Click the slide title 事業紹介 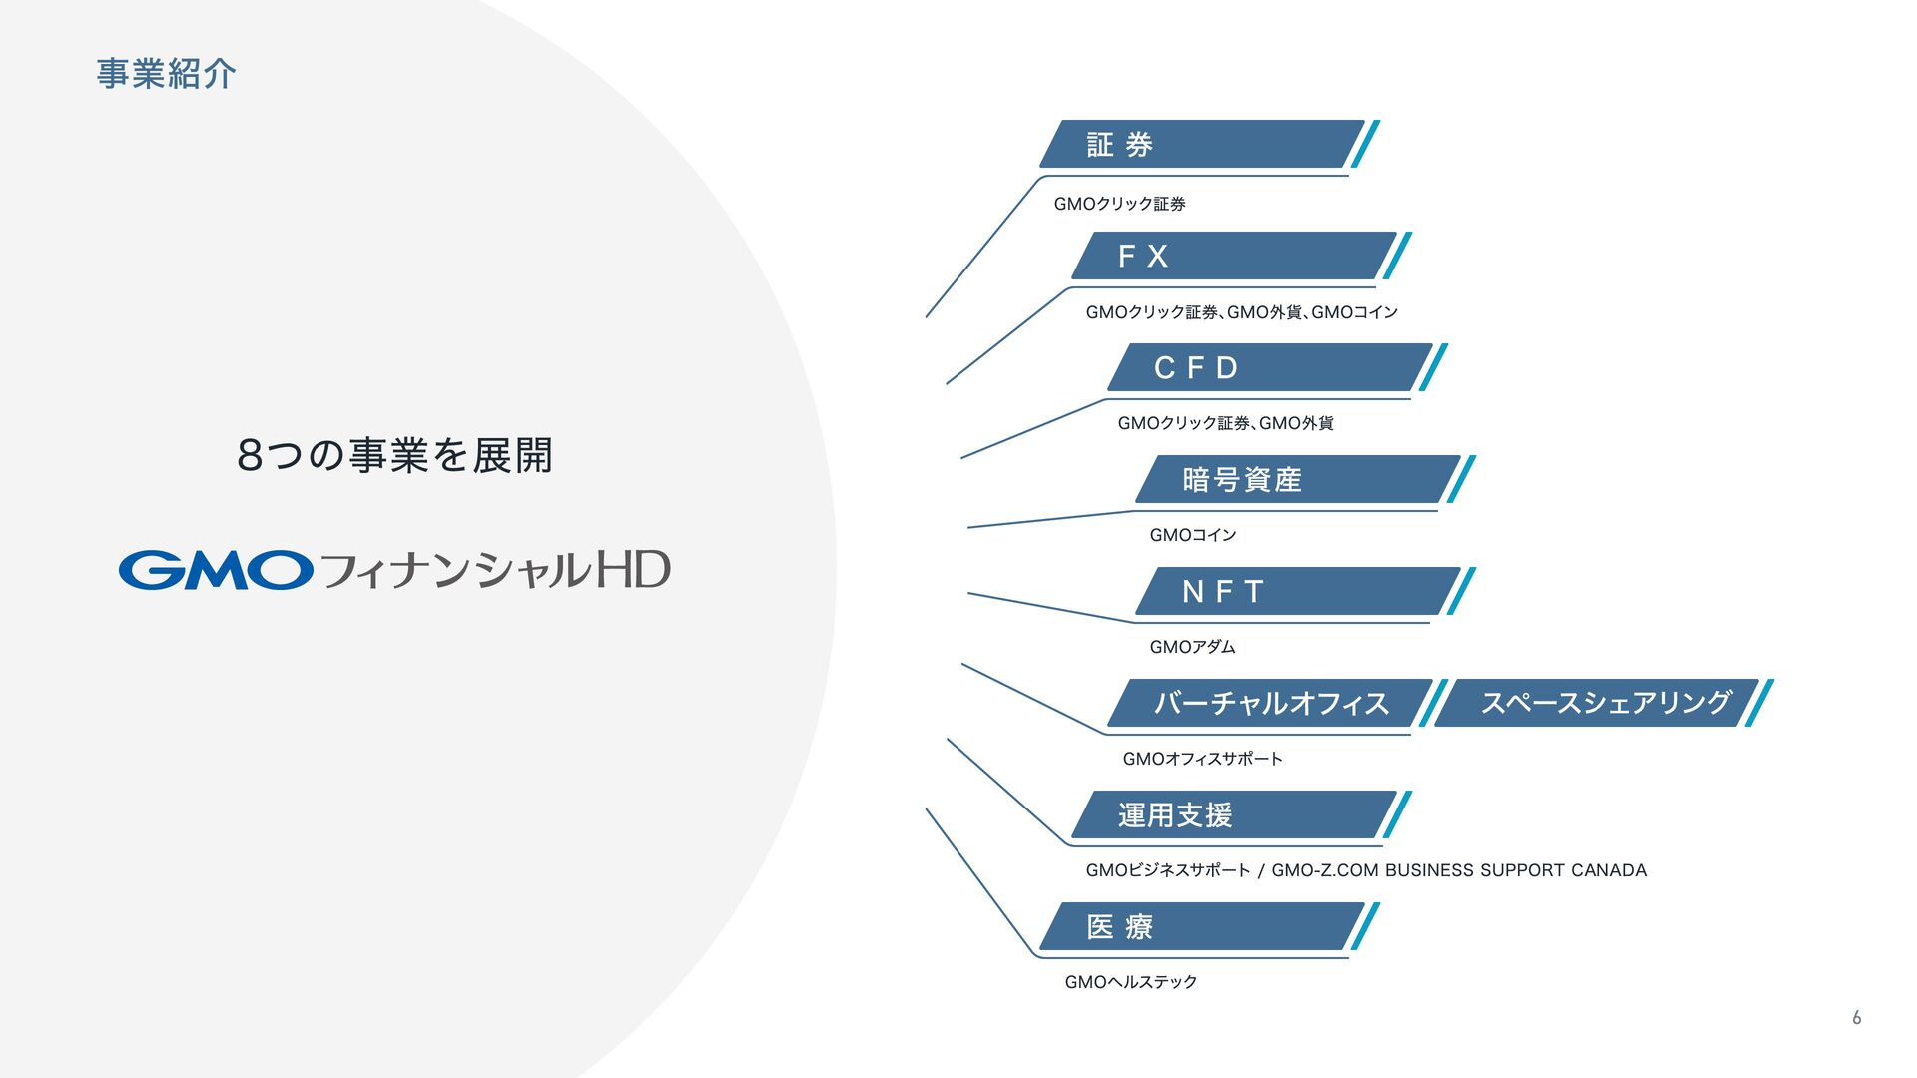click(166, 74)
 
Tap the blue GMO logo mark click(216, 570)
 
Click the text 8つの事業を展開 click(395, 455)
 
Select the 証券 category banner click(1198, 145)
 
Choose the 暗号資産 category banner click(1294, 480)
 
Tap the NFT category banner click(1294, 592)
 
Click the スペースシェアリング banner click(1597, 703)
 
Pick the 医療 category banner click(1198, 927)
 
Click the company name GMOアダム click(1192, 647)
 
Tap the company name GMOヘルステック click(1130, 982)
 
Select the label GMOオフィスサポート click(1202, 759)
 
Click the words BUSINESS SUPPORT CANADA click(1516, 870)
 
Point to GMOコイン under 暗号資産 click(1192, 535)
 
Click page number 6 click(1856, 1018)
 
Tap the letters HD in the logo click(633, 570)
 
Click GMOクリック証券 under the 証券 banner click(1119, 204)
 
